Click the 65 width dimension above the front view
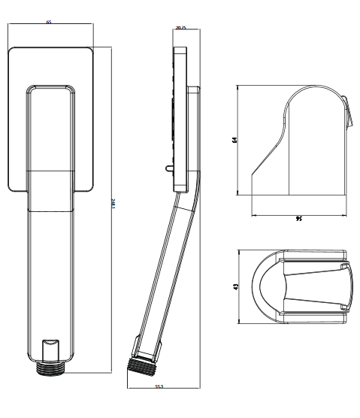click(x=49, y=23)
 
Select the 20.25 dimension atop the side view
click(x=180, y=27)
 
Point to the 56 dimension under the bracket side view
click(x=298, y=219)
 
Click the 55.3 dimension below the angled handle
click(x=160, y=386)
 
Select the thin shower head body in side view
click(x=180, y=120)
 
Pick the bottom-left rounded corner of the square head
click(x=12, y=185)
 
